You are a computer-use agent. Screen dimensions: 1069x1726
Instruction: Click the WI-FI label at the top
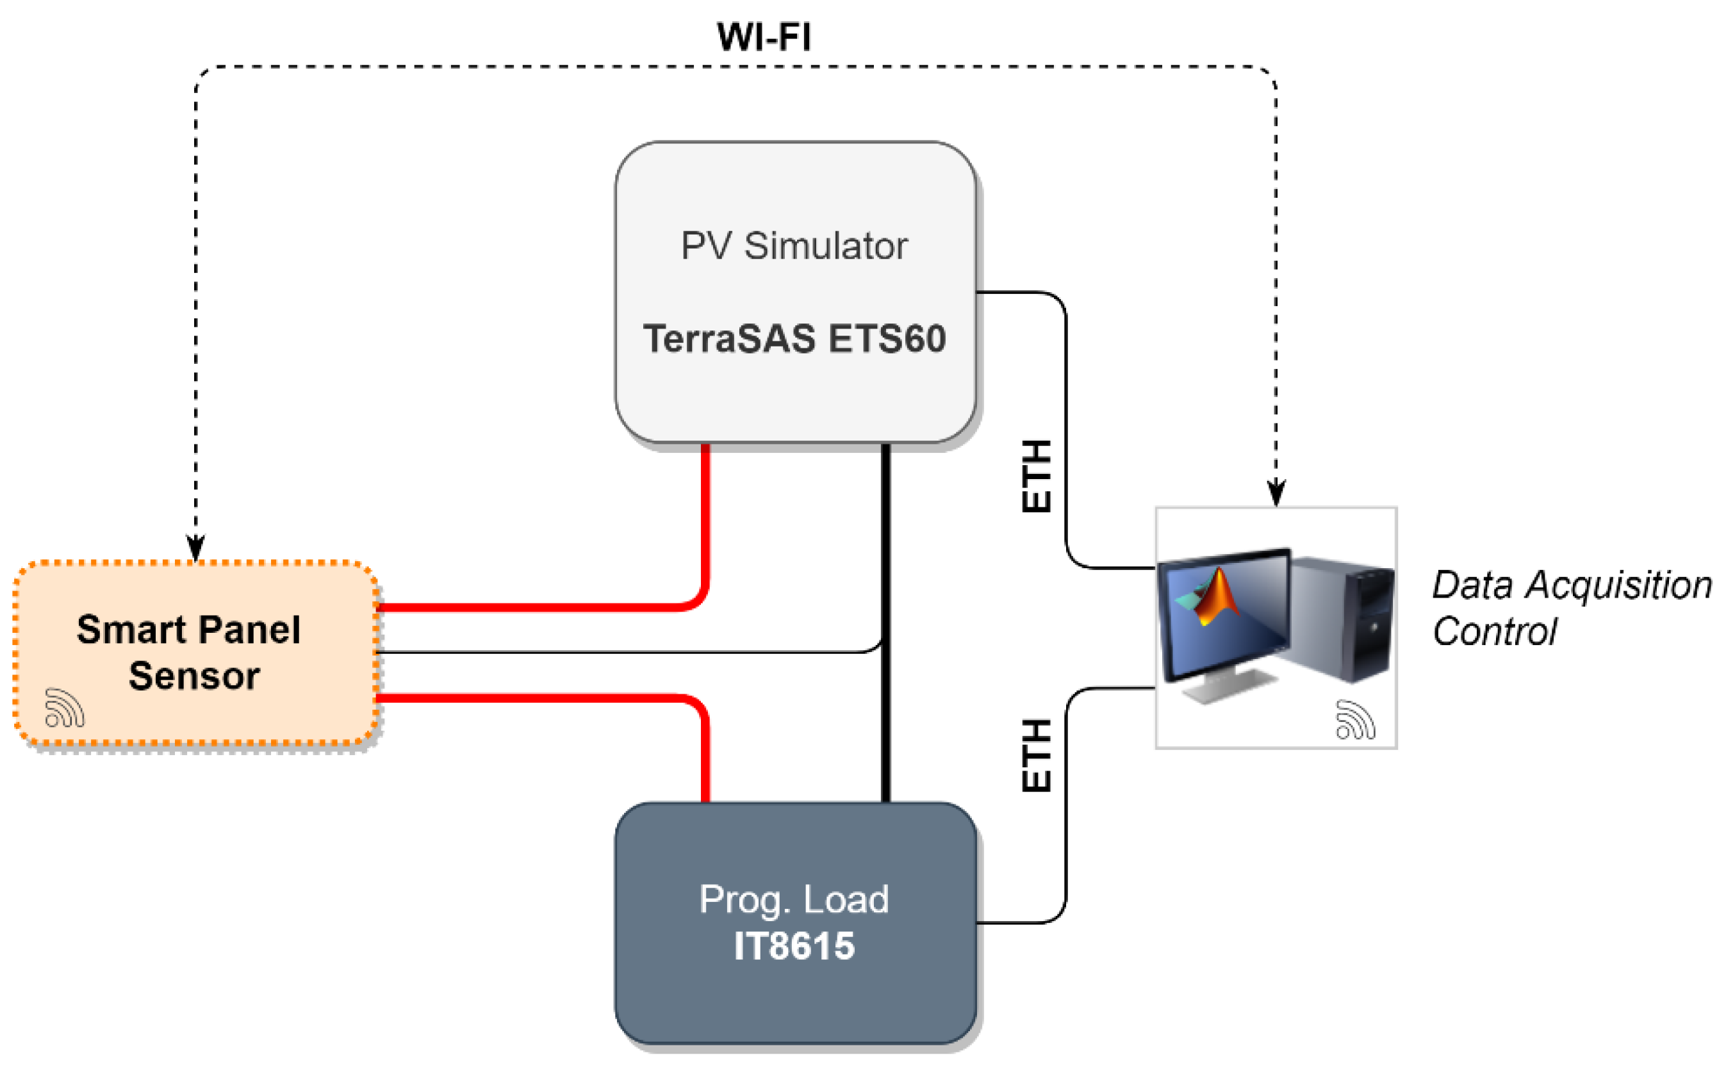coord(763,37)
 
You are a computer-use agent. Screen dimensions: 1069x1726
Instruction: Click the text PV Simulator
coord(793,245)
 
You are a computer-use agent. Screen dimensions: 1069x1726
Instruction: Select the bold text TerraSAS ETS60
coord(793,338)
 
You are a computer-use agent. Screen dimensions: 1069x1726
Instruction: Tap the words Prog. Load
coord(793,899)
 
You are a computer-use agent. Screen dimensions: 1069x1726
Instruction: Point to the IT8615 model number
coord(793,946)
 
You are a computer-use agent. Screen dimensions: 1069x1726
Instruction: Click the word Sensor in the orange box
coord(195,675)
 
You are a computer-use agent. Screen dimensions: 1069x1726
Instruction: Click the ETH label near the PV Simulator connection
coord(1037,476)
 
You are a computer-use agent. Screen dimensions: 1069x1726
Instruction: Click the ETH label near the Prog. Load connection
coord(1037,755)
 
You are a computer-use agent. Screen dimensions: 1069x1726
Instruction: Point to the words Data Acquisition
coord(1571,585)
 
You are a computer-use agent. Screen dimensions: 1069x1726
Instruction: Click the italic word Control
coord(1493,632)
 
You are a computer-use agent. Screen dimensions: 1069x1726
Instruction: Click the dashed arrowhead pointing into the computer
coord(1276,493)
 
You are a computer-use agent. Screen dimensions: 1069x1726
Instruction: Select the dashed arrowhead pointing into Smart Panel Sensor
coord(196,548)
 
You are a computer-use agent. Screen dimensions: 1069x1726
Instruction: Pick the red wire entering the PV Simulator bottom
coord(705,495)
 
